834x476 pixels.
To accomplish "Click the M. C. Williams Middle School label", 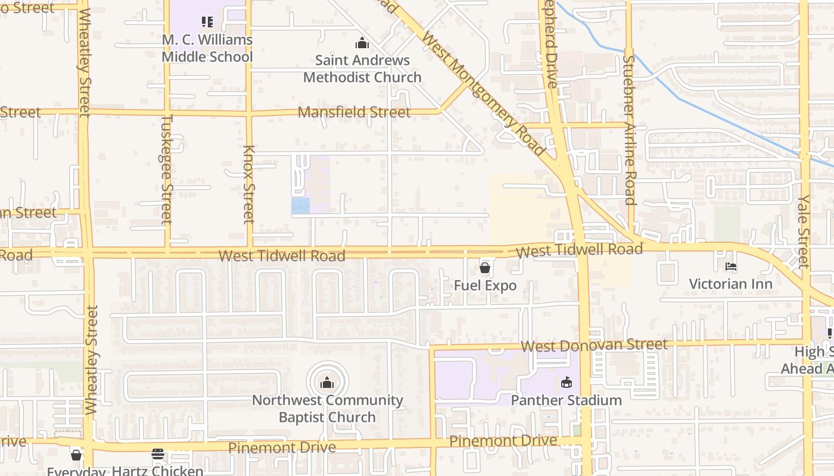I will click(x=207, y=48).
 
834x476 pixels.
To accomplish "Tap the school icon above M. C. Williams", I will click(x=207, y=23).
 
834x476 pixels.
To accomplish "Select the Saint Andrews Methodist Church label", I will click(x=362, y=68).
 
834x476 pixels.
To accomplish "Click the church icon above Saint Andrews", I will click(x=362, y=43).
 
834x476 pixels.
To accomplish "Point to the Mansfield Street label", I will click(x=354, y=112).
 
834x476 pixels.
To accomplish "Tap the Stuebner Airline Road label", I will click(x=630, y=130).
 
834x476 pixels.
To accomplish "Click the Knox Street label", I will click(x=249, y=184).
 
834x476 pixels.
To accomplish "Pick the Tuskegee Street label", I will click(x=167, y=169).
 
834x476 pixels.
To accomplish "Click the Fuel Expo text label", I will click(x=485, y=286).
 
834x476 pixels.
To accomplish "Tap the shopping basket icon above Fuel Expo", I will click(x=485, y=268).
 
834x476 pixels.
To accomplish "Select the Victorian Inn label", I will click(x=730, y=284).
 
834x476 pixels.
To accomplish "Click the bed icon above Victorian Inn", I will click(x=730, y=267).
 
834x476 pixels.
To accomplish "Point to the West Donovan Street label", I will click(x=594, y=346).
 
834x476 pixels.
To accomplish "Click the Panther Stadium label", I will click(x=566, y=400).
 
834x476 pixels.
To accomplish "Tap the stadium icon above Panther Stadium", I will click(x=566, y=382).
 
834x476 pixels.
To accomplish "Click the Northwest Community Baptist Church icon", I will click(x=327, y=383).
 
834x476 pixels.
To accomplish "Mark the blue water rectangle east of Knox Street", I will click(x=300, y=206).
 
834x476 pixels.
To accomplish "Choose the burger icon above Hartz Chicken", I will click(x=158, y=454).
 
